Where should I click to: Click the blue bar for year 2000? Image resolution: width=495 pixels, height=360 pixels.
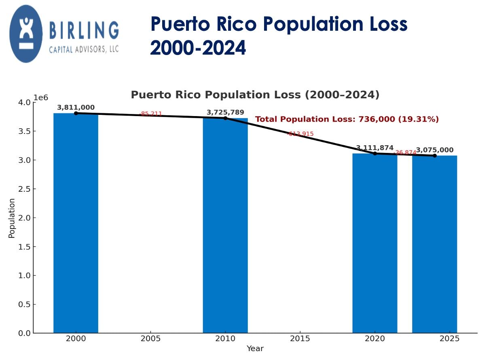(x=76, y=222)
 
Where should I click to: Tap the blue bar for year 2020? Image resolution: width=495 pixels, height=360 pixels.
(x=374, y=243)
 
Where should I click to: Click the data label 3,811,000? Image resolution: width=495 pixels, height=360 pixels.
(x=76, y=108)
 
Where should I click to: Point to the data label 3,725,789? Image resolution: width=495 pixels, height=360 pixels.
(x=225, y=112)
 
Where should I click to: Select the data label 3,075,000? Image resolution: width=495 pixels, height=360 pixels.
(x=435, y=150)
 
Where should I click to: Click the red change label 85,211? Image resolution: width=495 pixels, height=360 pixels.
(x=151, y=114)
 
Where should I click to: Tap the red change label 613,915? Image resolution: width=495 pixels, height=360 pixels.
(x=300, y=134)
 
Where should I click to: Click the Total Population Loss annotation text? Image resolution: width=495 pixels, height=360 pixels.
(x=347, y=119)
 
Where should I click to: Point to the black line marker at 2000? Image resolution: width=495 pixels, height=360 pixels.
(x=76, y=113)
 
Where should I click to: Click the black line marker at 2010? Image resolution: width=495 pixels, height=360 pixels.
(x=225, y=118)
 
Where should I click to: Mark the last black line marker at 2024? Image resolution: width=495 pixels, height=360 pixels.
(x=435, y=156)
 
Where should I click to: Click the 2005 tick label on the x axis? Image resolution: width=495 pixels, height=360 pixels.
(x=150, y=339)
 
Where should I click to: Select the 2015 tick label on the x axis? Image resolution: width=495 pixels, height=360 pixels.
(x=300, y=339)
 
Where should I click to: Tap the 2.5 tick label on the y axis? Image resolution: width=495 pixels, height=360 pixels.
(x=25, y=189)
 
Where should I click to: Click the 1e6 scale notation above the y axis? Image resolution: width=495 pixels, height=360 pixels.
(x=41, y=98)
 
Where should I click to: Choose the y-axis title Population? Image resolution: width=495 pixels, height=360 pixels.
(x=12, y=218)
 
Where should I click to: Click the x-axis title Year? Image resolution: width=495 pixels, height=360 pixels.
(x=255, y=349)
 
